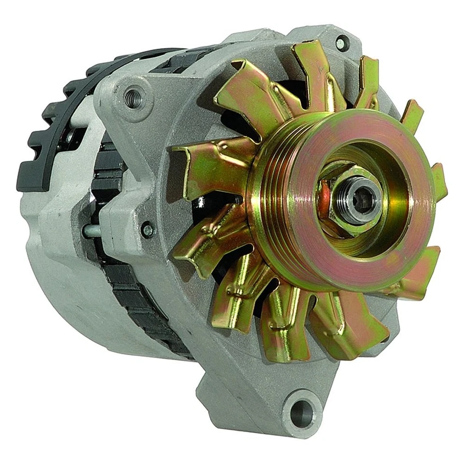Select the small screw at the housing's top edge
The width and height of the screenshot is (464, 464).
pos(341,43)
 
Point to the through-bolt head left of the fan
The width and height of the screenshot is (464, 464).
pos(147,229)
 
